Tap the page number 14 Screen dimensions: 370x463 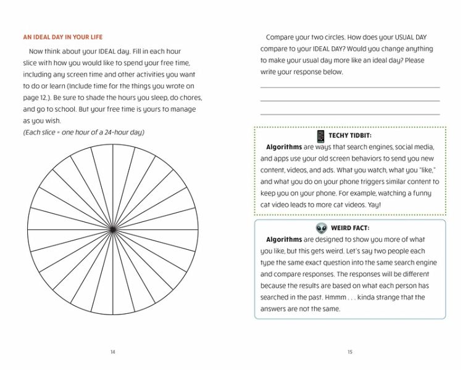pos(112,352)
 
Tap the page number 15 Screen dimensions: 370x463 pos(350,352)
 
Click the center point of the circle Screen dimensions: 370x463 pos(112,229)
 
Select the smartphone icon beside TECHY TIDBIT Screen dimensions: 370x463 pos(320,136)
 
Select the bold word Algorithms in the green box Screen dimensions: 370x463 pos(284,147)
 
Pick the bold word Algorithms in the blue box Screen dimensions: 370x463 pos(284,239)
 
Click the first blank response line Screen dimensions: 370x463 pos(350,87)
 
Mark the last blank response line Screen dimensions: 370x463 pos(350,114)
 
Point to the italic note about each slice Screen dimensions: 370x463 pos(83,132)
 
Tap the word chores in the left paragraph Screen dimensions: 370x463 pos(187,97)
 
